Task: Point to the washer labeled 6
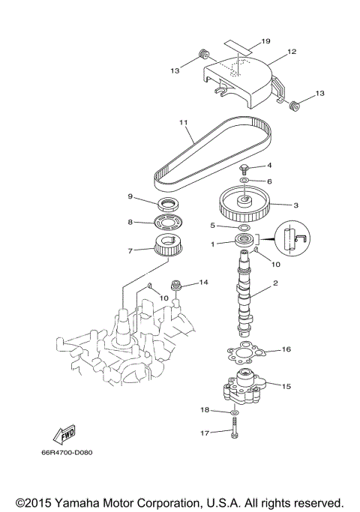pyautogui.click(x=246, y=181)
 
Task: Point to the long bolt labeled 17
pyautogui.click(x=234, y=431)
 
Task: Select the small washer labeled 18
pyautogui.click(x=234, y=412)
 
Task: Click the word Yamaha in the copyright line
pyautogui.click(x=73, y=502)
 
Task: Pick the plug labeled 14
pyautogui.click(x=178, y=285)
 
